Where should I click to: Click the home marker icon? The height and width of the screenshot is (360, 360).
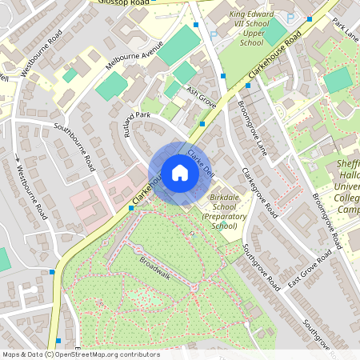click(x=179, y=173)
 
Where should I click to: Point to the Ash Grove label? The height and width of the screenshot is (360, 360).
click(x=202, y=97)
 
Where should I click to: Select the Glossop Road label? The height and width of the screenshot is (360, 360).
click(x=124, y=3)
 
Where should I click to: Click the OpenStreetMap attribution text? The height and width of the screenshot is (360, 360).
click(x=81, y=354)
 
